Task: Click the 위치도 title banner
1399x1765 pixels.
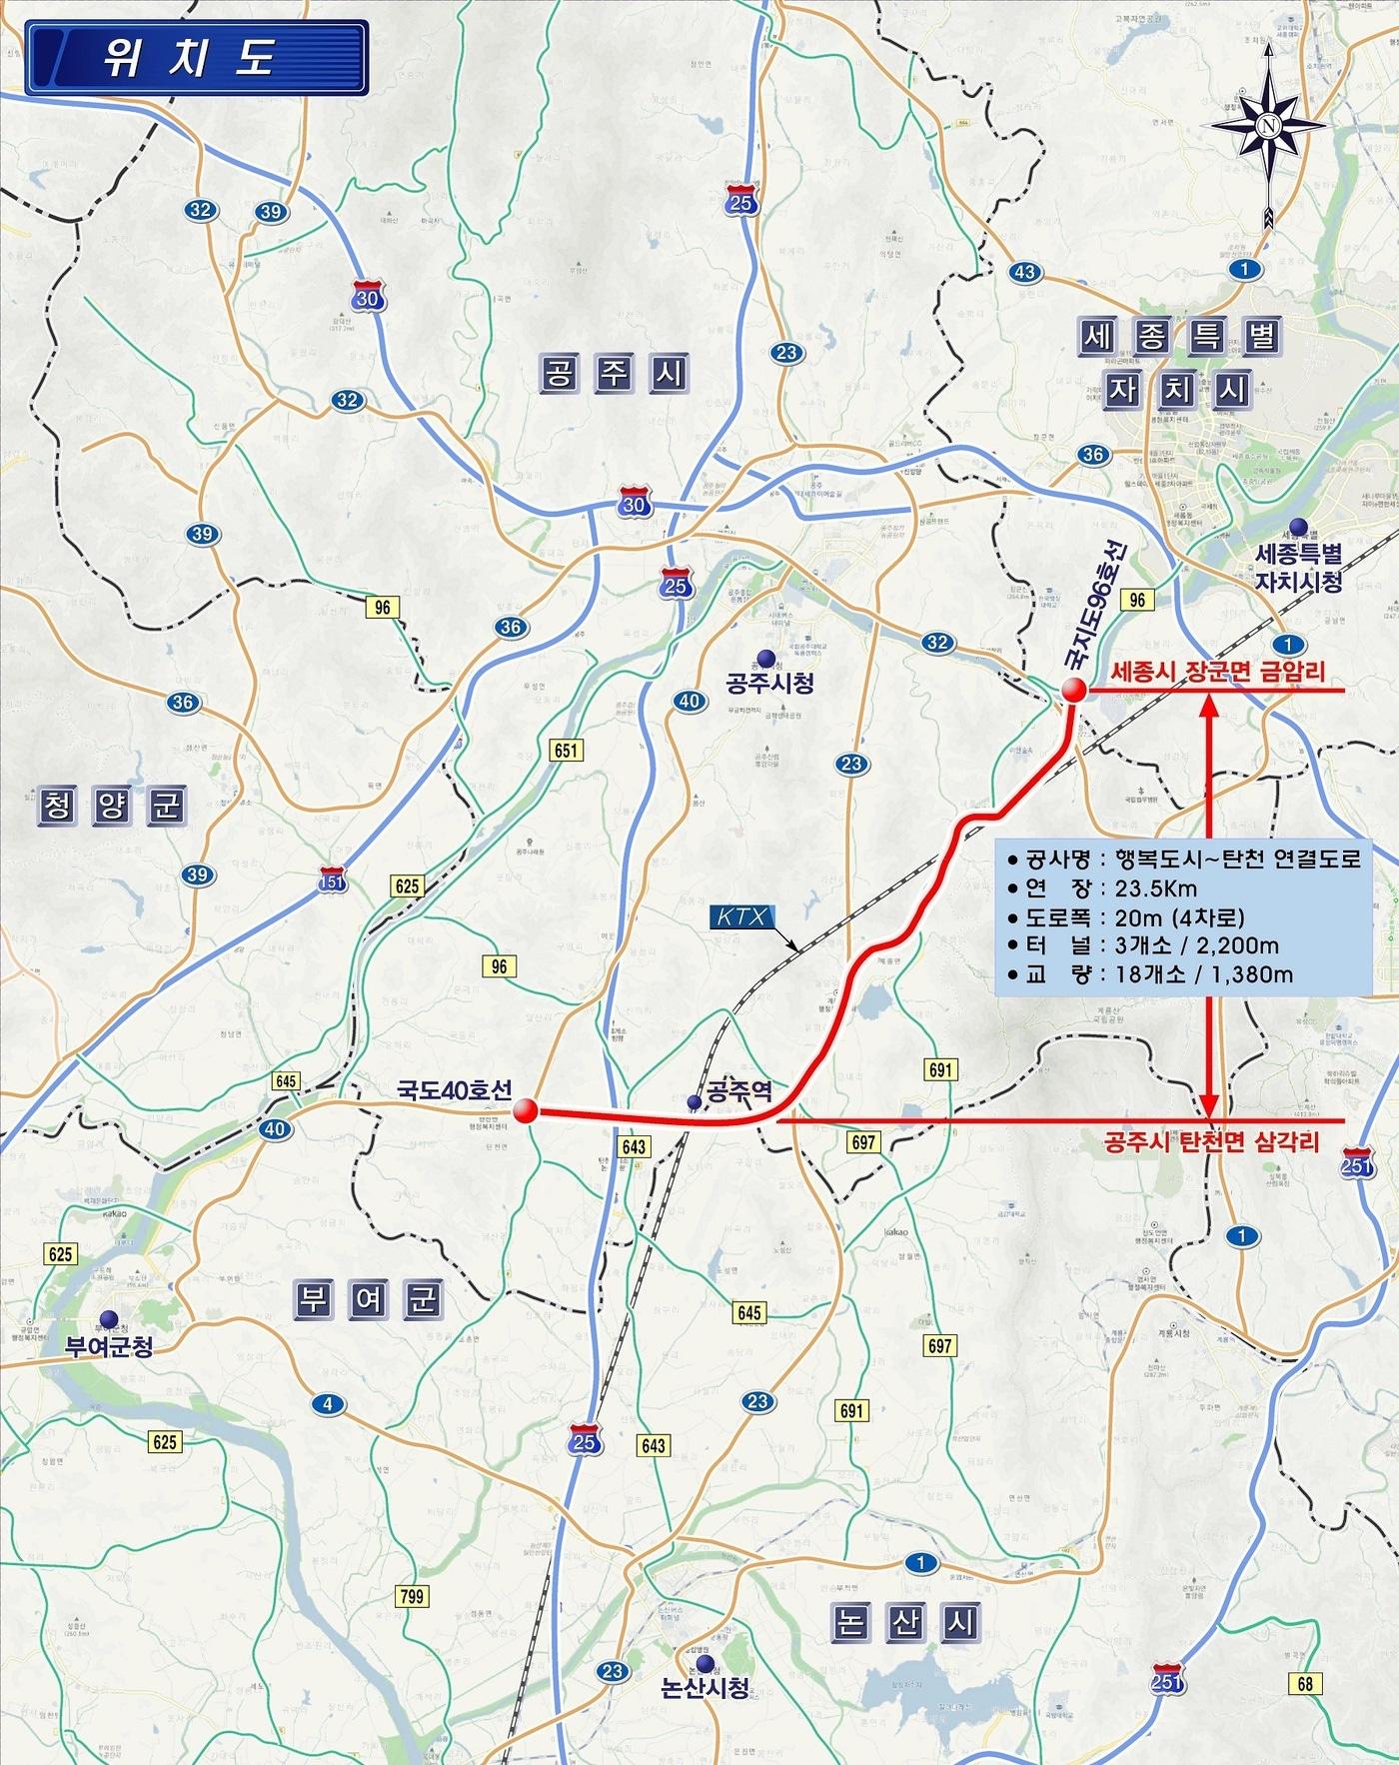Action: [x=197, y=58]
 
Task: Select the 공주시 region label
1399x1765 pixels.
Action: [x=615, y=374]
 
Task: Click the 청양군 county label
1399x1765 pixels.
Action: [x=112, y=806]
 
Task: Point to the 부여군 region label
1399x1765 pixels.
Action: [x=368, y=1299]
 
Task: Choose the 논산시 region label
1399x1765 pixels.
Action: [x=905, y=1621]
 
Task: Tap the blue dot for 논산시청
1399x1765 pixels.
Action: [x=706, y=1663]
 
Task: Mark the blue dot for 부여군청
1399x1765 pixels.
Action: [x=107, y=1318]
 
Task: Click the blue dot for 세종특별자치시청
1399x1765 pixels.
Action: [x=1298, y=527]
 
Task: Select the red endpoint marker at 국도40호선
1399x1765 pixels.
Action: [x=526, y=1111]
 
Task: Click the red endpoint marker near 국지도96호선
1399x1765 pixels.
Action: [x=1073, y=690]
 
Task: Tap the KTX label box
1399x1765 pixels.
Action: [x=741, y=915]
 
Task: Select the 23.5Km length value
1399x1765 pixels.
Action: [x=1149, y=888]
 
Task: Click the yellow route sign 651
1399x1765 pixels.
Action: [x=566, y=750]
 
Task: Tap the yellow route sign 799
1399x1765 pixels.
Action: [x=411, y=1596]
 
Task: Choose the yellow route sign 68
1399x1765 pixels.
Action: [x=1305, y=1683]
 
